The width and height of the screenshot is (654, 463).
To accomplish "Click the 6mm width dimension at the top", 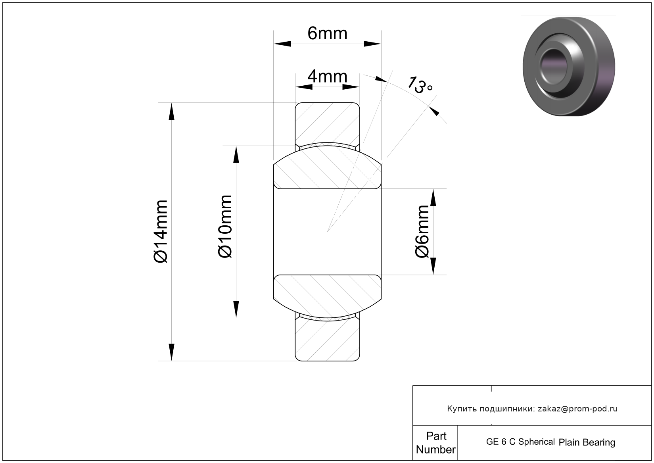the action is click(327, 34).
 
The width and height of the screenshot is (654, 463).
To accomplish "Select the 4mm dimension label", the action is click(327, 77).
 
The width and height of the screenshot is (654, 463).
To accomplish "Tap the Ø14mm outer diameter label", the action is click(161, 231).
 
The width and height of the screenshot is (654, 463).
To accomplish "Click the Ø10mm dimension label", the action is click(225, 227).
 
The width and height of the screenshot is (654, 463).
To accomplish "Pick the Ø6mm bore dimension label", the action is click(422, 231).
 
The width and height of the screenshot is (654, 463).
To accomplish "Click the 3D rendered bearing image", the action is click(569, 66).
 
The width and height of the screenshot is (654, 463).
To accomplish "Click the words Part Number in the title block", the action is click(436, 442).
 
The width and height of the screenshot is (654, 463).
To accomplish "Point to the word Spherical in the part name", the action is click(537, 442).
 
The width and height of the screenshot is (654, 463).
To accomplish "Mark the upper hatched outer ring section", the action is click(327, 124).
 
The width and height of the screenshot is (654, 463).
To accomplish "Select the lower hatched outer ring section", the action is click(327, 340).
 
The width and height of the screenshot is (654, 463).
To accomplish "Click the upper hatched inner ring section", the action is click(327, 167).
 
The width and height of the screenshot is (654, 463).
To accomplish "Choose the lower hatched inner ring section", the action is click(327, 296).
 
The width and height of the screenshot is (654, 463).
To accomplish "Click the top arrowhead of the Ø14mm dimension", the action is click(171, 111).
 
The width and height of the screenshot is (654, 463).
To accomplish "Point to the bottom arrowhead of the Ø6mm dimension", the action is click(433, 266).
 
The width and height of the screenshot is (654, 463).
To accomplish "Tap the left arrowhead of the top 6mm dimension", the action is click(282, 44).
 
